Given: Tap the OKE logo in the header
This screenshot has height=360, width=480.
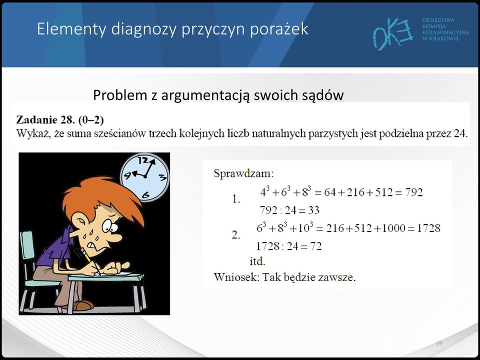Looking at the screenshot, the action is click(x=393, y=33).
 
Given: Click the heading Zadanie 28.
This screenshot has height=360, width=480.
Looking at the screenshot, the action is click(x=45, y=119).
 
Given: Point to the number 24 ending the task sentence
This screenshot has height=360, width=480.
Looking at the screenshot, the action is click(x=460, y=133).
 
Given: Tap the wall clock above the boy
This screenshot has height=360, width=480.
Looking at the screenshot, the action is click(x=144, y=177).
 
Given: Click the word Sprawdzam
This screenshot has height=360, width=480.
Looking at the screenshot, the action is click(x=243, y=173).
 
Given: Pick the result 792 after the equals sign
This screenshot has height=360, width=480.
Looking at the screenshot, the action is click(x=414, y=192).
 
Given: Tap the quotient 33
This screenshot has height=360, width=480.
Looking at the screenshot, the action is click(x=314, y=210).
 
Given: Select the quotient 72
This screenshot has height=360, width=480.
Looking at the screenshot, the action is click(x=316, y=246).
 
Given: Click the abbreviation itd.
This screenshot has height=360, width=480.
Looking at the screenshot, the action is click(x=257, y=261).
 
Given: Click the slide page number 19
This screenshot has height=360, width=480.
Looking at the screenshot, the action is click(x=439, y=343).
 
